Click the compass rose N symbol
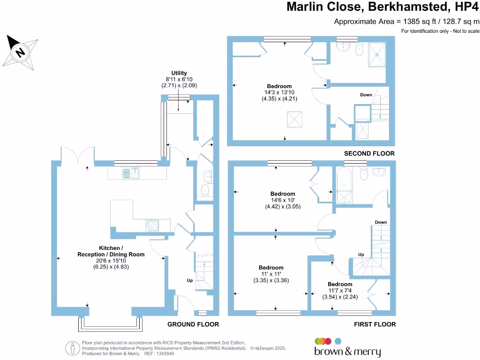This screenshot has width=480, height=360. [20, 52]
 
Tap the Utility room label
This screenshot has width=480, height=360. [179, 73]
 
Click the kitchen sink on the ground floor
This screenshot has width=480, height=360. [131, 173]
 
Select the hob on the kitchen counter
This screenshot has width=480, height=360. [152, 225]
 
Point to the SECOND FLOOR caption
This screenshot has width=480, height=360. [369, 153]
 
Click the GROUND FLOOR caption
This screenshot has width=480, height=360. [193, 324]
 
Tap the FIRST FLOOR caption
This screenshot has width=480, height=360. [375, 324]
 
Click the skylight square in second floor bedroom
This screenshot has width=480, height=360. [294, 120]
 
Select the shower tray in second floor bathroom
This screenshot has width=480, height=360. [377, 54]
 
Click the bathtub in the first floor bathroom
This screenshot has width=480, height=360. [345, 185]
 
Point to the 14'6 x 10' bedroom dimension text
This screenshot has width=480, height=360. [283, 200]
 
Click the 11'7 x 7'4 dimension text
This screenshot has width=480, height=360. [340, 291]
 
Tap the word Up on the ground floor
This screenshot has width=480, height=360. [190, 280]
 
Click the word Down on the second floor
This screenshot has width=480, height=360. [366, 95]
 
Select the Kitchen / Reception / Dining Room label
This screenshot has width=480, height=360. [111, 251]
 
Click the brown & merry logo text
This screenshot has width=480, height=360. [347, 352]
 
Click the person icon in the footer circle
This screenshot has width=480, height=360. [73, 348]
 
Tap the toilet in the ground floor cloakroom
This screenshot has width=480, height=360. [205, 190]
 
